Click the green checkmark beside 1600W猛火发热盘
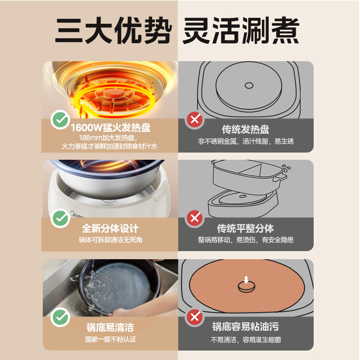pos(59,120)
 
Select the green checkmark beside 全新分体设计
pos(59,218)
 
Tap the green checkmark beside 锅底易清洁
pos(59,318)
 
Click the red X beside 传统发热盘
pos(194,120)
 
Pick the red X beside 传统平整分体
pos(194,218)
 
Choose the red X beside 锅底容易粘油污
pos(194,318)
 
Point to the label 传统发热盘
pos(246,130)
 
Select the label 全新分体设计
pos(110,229)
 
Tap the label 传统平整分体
pos(246,229)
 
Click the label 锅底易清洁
pos(110,328)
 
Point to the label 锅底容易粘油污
pos(246,328)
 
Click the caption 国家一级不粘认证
pos(110,340)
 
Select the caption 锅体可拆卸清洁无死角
pos(110,241)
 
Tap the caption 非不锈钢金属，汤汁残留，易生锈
pos(246,142)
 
